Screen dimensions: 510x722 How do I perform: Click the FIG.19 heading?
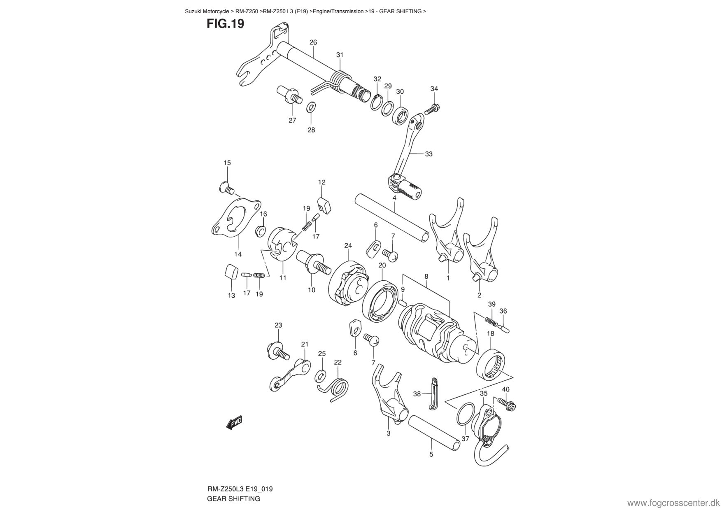[225, 24]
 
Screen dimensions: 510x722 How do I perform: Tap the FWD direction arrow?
[234, 422]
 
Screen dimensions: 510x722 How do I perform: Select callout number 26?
[313, 42]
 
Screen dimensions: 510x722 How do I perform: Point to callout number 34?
[434, 88]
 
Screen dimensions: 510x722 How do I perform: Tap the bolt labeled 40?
[506, 403]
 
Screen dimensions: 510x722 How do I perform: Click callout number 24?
[348, 246]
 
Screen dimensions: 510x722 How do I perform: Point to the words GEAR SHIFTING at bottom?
[233, 498]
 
